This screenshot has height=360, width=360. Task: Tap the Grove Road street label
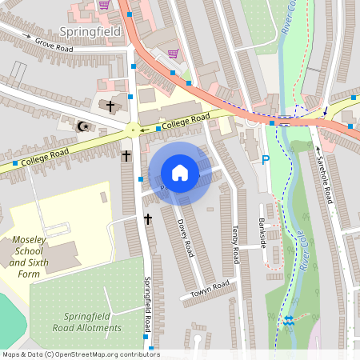click(53, 46)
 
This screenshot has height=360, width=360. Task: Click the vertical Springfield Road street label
click(147, 305)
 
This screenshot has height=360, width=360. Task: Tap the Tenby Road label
click(234, 244)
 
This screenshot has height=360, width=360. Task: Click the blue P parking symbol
click(266, 160)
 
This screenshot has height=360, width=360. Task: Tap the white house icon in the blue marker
click(180, 173)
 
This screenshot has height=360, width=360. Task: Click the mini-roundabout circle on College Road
click(133, 130)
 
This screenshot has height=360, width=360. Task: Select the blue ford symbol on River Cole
click(288, 322)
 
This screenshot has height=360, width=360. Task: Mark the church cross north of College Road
click(110, 106)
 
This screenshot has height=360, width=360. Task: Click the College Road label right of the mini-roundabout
click(186, 122)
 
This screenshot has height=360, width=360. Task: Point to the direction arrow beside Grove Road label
click(27, 38)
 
